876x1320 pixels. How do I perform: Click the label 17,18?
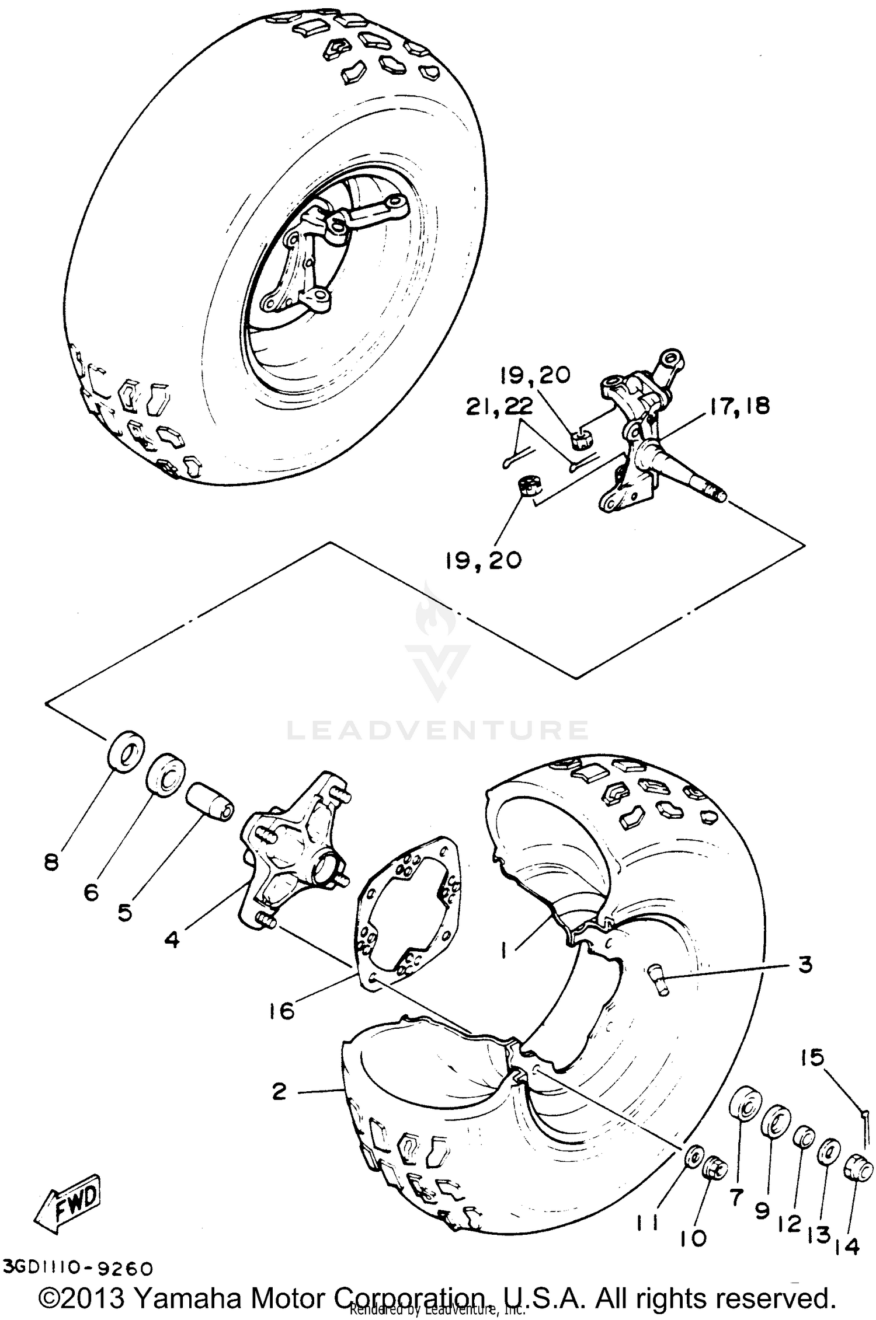pyautogui.click(x=739, y=406)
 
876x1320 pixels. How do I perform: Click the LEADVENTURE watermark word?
pyautogui.click(x=437, y=730)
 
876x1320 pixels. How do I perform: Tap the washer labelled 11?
pyautogui.click(x=693, y=1157)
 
